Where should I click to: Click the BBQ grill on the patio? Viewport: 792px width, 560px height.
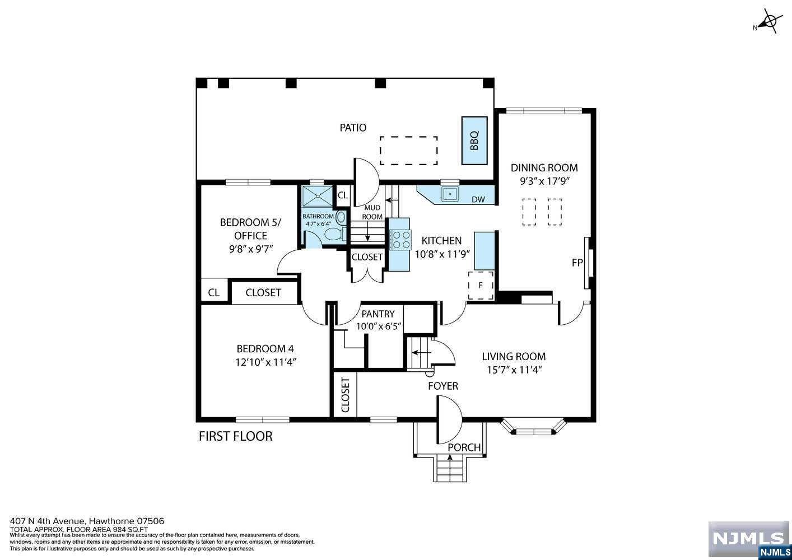click(x=474, y=141)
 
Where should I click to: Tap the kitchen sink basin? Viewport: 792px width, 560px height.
click(x=450, y=194)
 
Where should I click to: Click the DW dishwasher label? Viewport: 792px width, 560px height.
click(x=478, y=199)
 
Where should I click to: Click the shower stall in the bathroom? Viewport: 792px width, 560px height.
click(x=318, y=196)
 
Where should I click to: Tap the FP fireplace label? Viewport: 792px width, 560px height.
click(x=577, y=263)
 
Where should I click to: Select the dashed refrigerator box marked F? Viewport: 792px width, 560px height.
click(x=481, y=285)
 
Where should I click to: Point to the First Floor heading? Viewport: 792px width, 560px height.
click(x=235, y=436)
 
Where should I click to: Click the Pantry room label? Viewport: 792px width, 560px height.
click(x=378, y=314)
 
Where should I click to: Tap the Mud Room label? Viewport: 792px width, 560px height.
click(x=372, y=212)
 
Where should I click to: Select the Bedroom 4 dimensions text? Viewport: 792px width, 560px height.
click(x=265, y=362)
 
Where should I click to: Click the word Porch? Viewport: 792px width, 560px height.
click(x=464, y=447)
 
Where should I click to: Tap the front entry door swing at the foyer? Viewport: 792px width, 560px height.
click(x=449, y=419)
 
